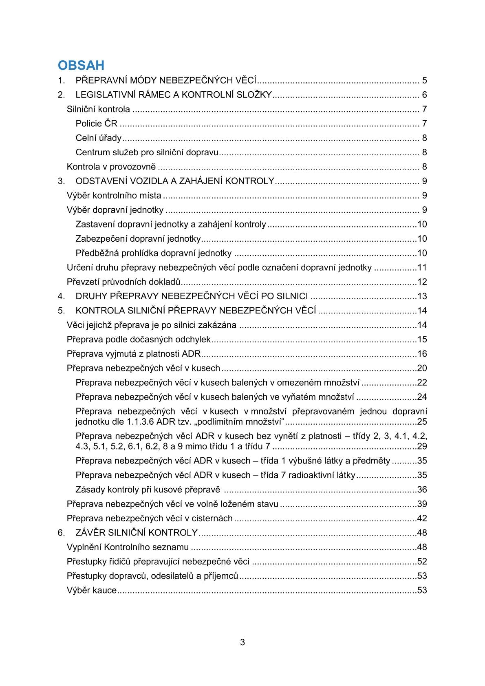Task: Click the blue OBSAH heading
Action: click(81, 65)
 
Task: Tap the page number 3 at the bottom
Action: click(242, 643)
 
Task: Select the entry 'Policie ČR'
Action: click(96, 124)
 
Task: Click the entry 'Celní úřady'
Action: click(99, 138)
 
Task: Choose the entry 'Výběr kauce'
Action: click(92, 590)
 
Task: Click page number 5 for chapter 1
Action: click(424, 80)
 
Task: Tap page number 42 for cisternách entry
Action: click(422, 518)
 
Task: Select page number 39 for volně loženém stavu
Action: click(422, 504)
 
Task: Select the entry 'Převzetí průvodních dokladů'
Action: click(123, 282)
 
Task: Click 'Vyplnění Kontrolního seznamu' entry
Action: click(128, 547)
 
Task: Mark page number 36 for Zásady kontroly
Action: click(422, 490)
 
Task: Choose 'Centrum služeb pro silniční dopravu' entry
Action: click(147, 152)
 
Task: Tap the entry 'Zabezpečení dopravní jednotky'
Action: click(138, 239)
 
